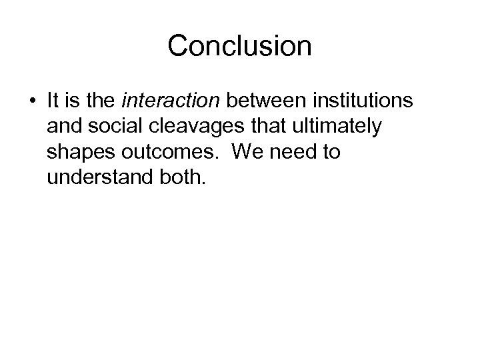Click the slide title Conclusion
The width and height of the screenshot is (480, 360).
click(239, 46)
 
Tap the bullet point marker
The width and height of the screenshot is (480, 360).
click(32, 102)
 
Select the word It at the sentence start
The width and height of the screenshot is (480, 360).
click(55, 101)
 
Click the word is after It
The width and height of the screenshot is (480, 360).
click(74, 101)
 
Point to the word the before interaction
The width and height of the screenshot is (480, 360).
click(101, 101)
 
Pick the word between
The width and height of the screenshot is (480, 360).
click(256, 101)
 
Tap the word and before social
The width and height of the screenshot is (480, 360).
click(64, 126)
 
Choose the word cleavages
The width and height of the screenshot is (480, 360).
click(193, 127)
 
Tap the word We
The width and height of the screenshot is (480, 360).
click(245, 151)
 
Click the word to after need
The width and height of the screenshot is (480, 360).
click(330, 152)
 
